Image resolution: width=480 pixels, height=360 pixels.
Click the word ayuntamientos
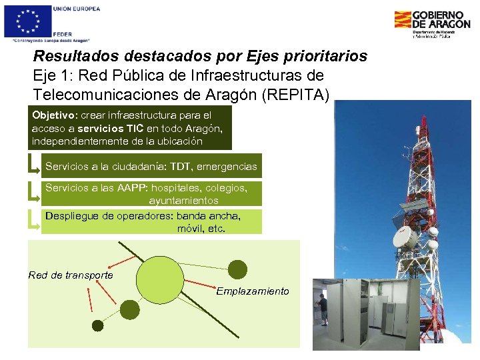pos(183,200)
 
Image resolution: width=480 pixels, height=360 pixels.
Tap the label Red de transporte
pos(71,275)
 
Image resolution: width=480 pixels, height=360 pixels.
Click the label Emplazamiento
pos(253,291)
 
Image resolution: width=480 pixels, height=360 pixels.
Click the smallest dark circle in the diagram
pos(98,325)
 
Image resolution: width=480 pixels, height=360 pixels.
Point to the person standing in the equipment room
pos(323,313)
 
